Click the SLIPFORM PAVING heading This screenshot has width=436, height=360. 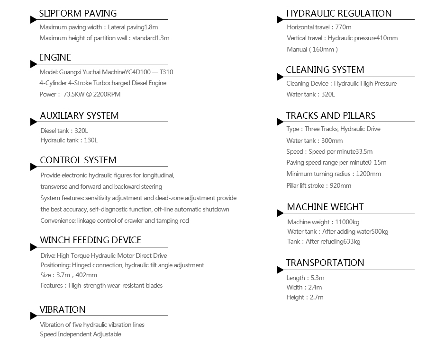[x=78, y=13]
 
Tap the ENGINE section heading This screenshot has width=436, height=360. [x=55, y=58]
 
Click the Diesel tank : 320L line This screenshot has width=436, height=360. [x=64, y=130]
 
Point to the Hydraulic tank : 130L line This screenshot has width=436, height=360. [x=69, y=140]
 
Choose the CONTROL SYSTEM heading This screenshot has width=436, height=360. [x=78, y=160]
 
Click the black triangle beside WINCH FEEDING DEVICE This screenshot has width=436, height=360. [x=33, y=247]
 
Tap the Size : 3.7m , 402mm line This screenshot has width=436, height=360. [x=69, y=275]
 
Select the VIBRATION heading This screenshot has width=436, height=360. [x=63, y=309]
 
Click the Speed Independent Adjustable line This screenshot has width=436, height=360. [x=81, y=334]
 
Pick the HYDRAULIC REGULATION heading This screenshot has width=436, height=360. [x=339, y=13]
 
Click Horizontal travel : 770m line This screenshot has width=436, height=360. [x=319, y=27]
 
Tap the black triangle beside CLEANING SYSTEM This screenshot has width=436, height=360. [x=280, y=77]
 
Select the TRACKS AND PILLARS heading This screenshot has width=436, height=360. [x=330, y=115]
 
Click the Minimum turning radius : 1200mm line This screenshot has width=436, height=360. [x=334, y=174]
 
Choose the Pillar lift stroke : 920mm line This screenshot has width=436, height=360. [x=319, y=185]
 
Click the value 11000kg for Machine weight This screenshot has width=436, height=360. [x=347, y=222]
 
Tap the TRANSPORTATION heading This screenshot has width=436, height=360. [x=325, y=263]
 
